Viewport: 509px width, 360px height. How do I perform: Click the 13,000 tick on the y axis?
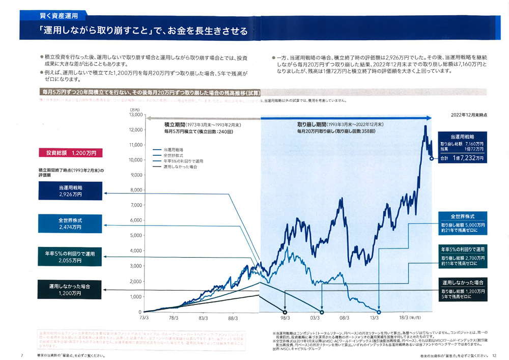(x=134, y=115)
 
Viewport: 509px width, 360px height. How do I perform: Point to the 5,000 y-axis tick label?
(x=135, y=236)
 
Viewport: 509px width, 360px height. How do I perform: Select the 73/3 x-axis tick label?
(x=144, y=318)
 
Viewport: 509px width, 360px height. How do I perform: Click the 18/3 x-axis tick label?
(x=405, y=318)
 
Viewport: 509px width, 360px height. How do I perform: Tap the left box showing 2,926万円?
(x=70, y=191)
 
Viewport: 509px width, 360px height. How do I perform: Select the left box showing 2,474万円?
(x=70, y=224)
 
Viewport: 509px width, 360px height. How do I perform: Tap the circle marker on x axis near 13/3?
(x=379, y=312)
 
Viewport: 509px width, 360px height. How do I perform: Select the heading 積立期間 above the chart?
(x=174, y=124)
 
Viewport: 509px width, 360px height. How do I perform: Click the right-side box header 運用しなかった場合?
(x=463, y=282)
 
